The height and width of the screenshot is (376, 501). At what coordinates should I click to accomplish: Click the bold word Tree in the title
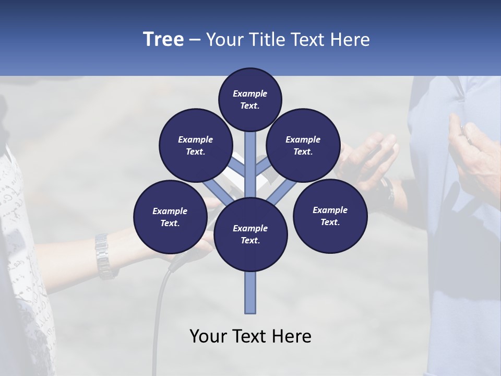(x=163, y=40)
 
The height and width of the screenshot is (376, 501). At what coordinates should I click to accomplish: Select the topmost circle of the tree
(x=250, y=99)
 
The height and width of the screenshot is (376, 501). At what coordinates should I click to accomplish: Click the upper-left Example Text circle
(x=195, y=146)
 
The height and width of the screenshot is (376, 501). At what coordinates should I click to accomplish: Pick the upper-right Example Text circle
(x=303, y=146)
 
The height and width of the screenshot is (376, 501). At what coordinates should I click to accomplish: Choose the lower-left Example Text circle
(x=170, y=217)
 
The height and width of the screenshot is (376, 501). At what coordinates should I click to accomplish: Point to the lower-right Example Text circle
(x=330, y=216)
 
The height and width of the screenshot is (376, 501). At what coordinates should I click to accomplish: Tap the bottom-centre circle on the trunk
(x=250, y=234)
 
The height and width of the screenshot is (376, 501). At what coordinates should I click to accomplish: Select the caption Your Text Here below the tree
(x=250, y=336)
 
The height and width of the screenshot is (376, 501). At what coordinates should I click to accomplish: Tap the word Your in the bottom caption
(x=208, y=336)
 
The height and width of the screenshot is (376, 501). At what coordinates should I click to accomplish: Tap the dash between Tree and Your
(x=195, y=40)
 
